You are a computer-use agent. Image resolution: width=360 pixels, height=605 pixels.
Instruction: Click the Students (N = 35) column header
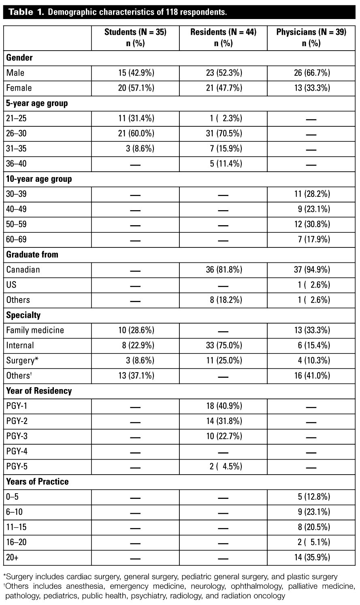tap(135, 38)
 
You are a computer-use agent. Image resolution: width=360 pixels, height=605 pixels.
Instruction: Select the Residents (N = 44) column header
tap(223, 38)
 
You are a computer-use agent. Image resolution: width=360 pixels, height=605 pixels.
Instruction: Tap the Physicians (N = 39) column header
tap(311, 38)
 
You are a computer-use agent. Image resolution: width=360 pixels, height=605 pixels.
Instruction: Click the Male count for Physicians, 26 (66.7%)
tap(311, 73)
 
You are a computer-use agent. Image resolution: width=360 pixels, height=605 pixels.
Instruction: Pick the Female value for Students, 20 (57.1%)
tap(136, 88)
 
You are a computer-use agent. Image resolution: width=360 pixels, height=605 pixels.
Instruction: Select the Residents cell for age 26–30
tap(223, 134)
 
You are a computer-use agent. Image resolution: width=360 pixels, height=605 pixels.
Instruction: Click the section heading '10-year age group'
tap(39, 179)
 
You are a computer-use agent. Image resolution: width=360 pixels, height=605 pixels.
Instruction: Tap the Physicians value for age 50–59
tap(311, 224)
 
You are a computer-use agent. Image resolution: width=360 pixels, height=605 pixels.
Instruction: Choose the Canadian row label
tap(23, 270)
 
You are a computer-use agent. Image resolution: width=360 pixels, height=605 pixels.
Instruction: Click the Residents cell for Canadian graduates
tap(223, 270)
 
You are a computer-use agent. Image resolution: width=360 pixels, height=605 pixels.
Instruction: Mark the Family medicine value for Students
tap(136, 330)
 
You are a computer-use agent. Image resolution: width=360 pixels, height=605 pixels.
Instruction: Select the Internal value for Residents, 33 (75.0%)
tap(223, 345)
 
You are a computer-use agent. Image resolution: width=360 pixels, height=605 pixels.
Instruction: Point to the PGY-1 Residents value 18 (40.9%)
tap(223, 406)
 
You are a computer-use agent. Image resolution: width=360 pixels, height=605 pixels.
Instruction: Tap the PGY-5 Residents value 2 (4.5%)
tap(223, 467)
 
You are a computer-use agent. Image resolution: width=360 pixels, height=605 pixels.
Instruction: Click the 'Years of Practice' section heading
tap(37, 482)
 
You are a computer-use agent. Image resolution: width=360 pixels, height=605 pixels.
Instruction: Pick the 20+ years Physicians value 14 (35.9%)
tap(311, 558)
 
